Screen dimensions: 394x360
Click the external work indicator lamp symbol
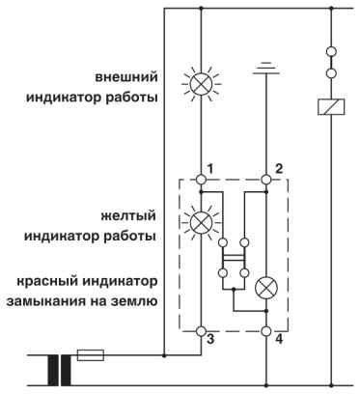(201, 84)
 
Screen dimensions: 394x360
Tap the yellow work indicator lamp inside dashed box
(201, 221)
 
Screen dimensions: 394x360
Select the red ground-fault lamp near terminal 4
(265, 287)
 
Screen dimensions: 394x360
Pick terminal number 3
(211, 341)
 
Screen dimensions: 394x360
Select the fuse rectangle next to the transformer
(90, 354)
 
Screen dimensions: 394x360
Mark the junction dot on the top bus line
(201, 11)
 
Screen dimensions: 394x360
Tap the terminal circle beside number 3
(201, 330)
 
